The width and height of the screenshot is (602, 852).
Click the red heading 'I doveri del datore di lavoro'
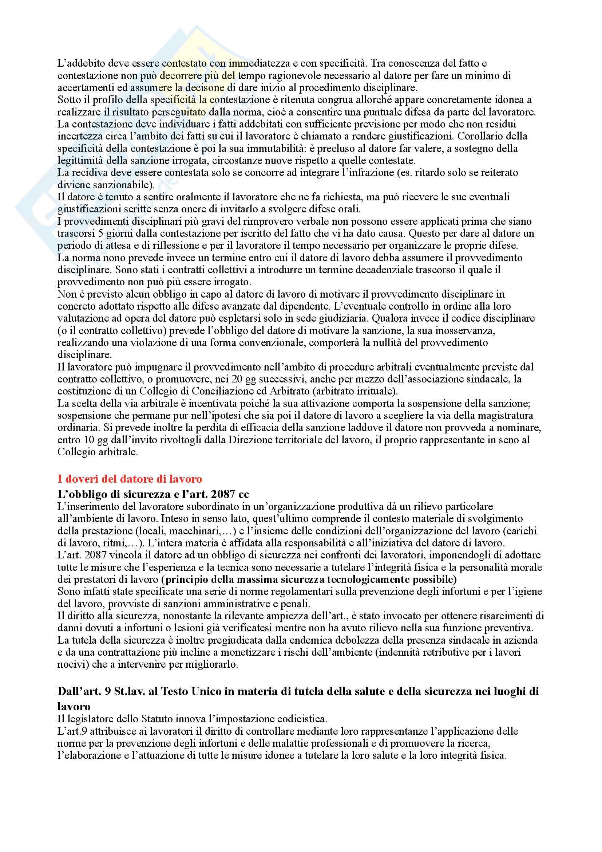130,479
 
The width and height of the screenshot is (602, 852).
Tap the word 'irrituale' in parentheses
376,391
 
